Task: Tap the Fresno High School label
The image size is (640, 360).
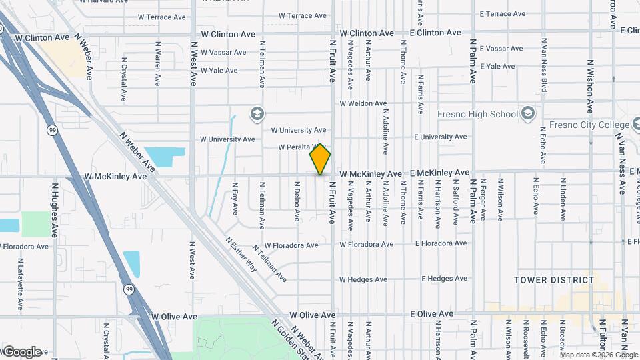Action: click(x=477, y=114)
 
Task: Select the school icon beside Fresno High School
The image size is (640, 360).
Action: click(x=529, y=113)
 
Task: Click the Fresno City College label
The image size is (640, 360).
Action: click(x=589, y=125)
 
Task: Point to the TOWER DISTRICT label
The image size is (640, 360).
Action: click(x=554, y=280)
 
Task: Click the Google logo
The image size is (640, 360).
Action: click(x=22, y=351)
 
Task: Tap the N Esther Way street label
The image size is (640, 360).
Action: click(x=241, y=255)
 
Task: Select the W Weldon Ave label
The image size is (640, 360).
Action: click(x=363, y=104)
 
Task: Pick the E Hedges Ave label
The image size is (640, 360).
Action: click(x=439, y=279)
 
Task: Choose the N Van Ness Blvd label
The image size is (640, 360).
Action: click(x=544, y=65)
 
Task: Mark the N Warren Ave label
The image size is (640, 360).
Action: click(x=158, y=64)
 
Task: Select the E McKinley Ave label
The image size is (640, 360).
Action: click(x=440, y=173)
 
